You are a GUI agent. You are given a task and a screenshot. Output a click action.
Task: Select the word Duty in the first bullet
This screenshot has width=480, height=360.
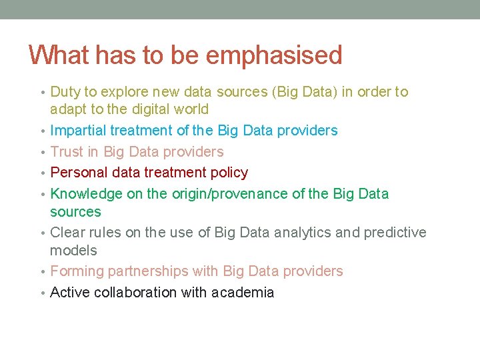(x=65, y=92)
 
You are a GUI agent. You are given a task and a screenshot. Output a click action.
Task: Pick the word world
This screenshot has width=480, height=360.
(x=190, y=109)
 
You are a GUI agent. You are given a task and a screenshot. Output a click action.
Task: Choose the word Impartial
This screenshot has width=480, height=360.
(x=78, y=131)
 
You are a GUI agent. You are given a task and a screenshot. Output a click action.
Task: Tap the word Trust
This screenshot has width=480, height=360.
(x=67, y=152)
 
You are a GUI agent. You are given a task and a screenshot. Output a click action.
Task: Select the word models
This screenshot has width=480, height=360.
(x=73, y=251)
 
